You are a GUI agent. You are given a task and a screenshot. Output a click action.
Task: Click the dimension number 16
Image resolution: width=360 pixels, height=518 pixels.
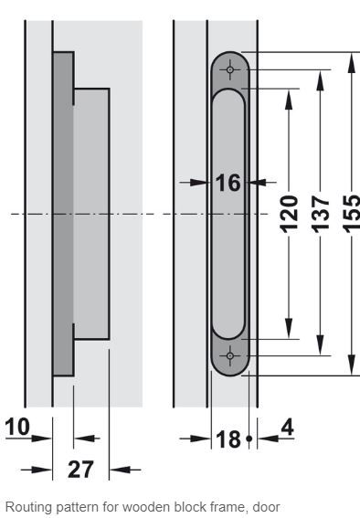point(228,183)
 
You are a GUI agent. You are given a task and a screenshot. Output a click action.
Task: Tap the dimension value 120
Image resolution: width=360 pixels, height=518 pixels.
point(289,214)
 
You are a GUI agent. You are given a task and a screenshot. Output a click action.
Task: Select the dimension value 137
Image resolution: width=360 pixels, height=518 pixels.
point(320,214)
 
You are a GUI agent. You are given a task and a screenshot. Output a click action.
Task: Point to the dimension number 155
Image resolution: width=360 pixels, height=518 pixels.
point(352,214)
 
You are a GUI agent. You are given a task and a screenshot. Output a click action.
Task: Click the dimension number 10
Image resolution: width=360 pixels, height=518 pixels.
point(17,427)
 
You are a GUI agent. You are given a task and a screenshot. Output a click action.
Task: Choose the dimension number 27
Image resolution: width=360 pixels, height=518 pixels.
point(80,469)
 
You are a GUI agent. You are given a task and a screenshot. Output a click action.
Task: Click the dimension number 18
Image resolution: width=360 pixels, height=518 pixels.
point(228,439)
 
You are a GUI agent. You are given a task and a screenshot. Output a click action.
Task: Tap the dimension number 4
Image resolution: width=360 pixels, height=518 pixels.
point(287,428)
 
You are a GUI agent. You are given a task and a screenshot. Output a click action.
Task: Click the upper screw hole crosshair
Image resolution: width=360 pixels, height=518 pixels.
point(230,69)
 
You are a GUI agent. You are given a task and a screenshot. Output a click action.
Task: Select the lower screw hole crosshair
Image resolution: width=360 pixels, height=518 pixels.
point(230,355)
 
